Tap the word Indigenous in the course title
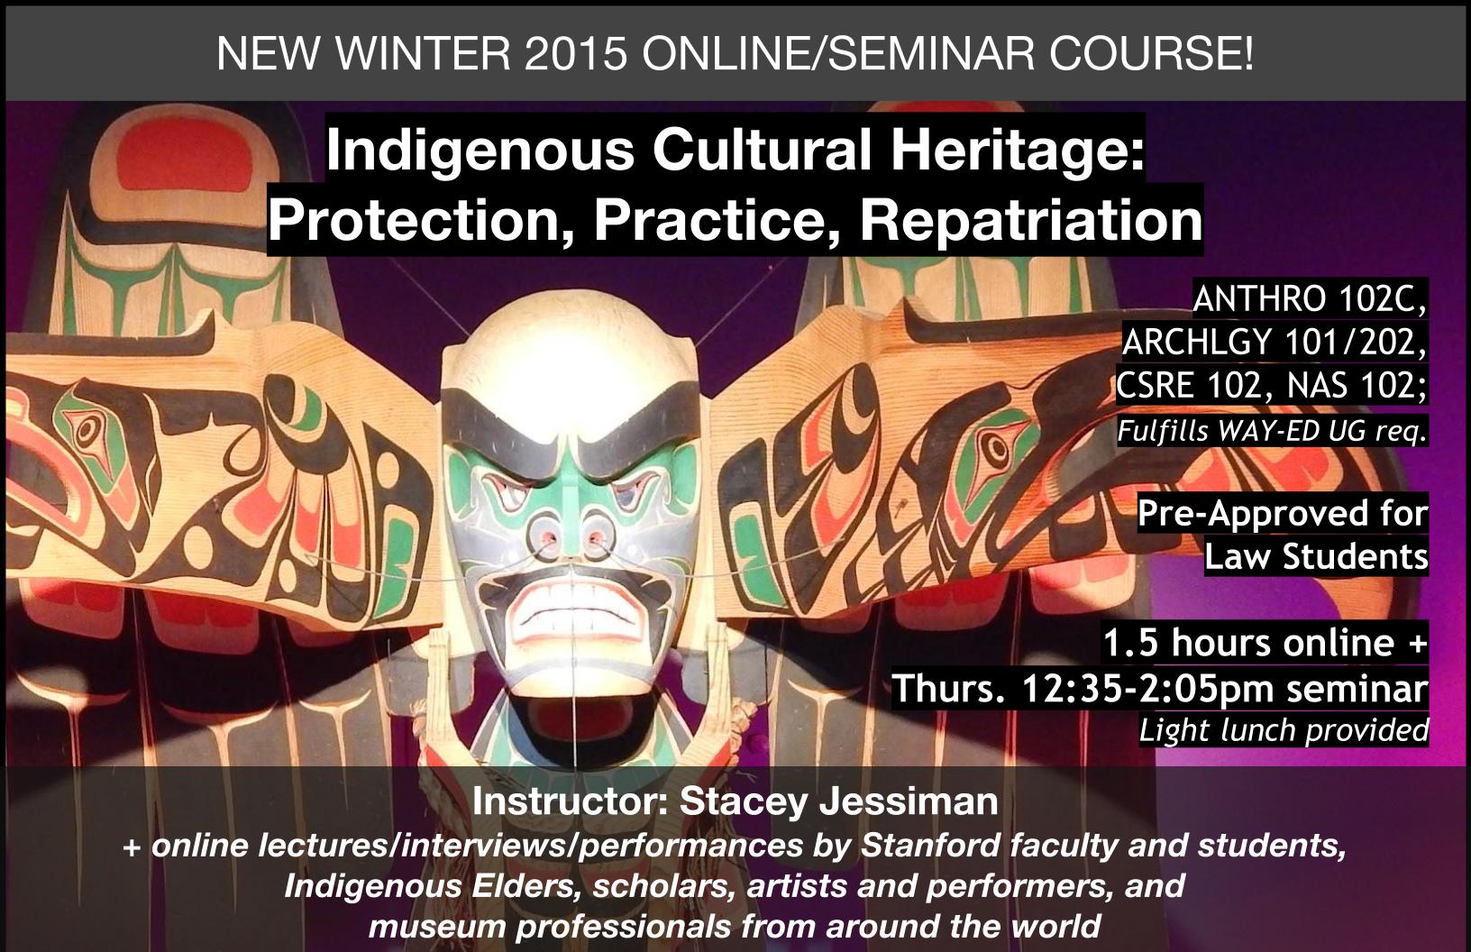point(480,151)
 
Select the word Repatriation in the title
point(1031,220)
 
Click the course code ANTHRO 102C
point(1310,299)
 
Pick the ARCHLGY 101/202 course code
point(1274,343)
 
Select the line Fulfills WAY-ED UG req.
point(1272,431)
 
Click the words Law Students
point(1316,556)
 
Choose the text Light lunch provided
point(1284,730)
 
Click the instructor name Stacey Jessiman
point(838,802)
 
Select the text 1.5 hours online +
point(1265,643)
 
